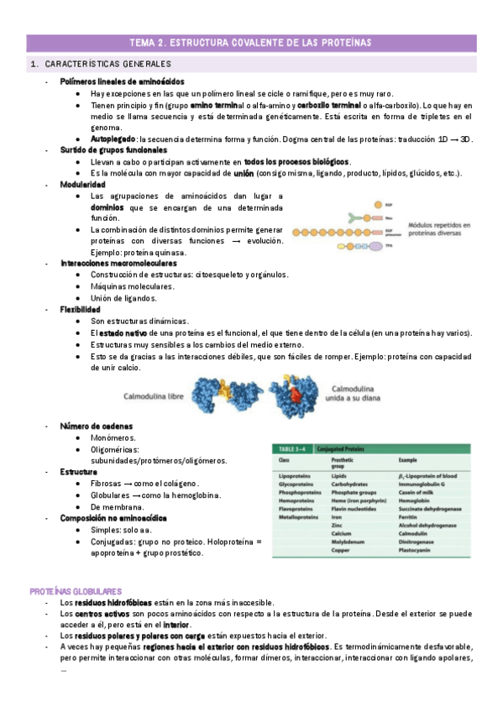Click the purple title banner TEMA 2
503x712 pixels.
click(251, 42)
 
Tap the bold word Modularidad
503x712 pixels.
click(82, 184)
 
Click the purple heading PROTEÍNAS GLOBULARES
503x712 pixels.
click(76, 592)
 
